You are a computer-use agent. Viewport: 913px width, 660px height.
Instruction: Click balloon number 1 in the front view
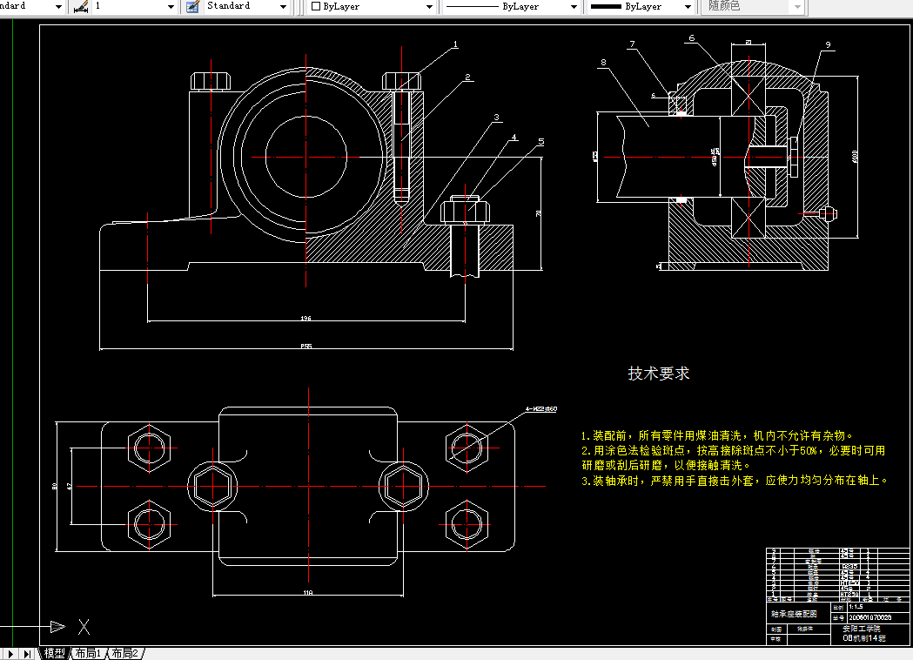click(x=455, y=44)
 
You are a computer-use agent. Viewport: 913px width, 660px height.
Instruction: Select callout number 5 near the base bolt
click(x=540, y=141)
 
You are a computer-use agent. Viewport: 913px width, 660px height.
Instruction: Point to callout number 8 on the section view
click(x=602, y=63)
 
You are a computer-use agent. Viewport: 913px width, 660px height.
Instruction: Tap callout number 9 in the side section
click(x=828, y=44)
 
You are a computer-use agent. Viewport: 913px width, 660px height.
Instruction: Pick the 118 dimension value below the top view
click(x=307, y=593)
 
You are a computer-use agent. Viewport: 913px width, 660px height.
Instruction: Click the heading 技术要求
click(x=659, y=374)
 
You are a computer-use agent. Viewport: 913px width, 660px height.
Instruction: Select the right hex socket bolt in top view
click(x=404, y=484)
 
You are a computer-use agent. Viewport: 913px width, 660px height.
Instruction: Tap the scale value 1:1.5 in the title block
click(x=856, y=606)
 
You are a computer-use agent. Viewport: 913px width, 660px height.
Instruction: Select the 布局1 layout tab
click(x=88, y=653)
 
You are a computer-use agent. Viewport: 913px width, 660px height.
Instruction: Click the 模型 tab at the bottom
click(x=54, y=653)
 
